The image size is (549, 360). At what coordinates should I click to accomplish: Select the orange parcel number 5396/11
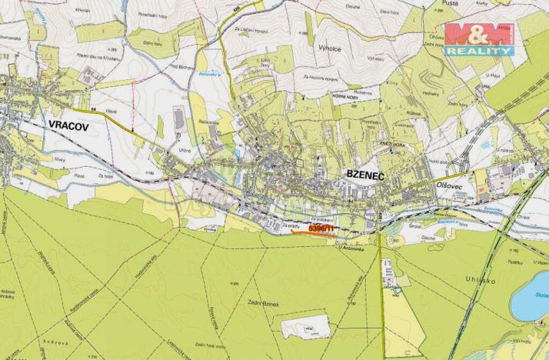(x=321, y=228)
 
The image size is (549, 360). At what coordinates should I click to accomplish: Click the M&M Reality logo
(x=479, y=38)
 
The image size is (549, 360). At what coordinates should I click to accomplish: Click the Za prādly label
(x=290, y=226)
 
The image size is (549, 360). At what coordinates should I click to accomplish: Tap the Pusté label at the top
(x=453, y=5)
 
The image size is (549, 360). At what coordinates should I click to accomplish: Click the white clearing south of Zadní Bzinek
(x=304, y=330)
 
